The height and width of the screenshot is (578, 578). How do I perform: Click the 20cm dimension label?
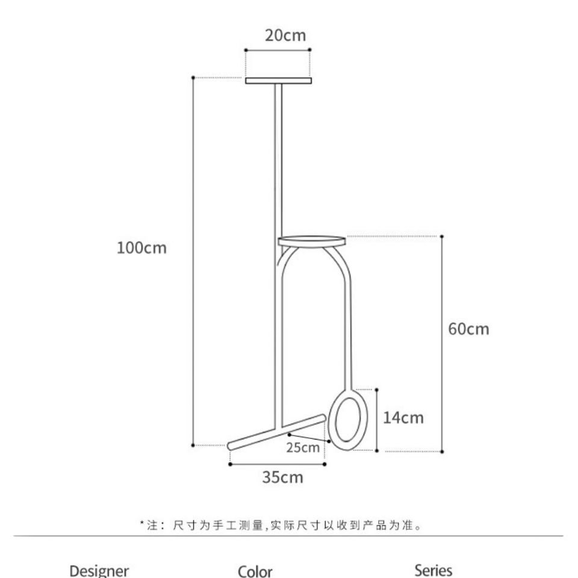pos(285,36)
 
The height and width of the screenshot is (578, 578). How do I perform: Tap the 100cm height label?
pos(141,247)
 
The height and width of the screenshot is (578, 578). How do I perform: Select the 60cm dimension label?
pos(468,329)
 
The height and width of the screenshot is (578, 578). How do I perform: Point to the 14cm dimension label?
pos(403,418)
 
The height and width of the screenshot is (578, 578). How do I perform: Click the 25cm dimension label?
pos(303,447)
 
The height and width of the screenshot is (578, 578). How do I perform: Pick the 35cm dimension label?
pos(283,477)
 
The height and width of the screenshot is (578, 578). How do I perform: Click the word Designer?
pos(99,571)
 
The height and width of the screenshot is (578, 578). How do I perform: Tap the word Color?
pos(255,571)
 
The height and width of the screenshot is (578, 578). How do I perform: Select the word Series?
pos(433,570)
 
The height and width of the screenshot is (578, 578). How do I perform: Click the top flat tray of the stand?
pos(278,81)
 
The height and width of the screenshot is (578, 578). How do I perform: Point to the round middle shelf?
pos(312,241)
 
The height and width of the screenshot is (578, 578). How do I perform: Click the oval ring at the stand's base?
pos(329,419)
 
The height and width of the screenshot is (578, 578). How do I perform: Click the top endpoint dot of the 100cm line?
pos(193,78)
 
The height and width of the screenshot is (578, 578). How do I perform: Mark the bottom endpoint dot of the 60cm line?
pos(442,452)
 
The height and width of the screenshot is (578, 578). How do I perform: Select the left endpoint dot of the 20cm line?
pos(246,50)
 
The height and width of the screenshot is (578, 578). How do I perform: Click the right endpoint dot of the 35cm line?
pos(325,464)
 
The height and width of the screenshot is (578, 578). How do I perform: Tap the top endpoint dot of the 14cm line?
pos(377,390)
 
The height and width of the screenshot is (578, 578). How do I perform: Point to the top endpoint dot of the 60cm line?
pos(441,236)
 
